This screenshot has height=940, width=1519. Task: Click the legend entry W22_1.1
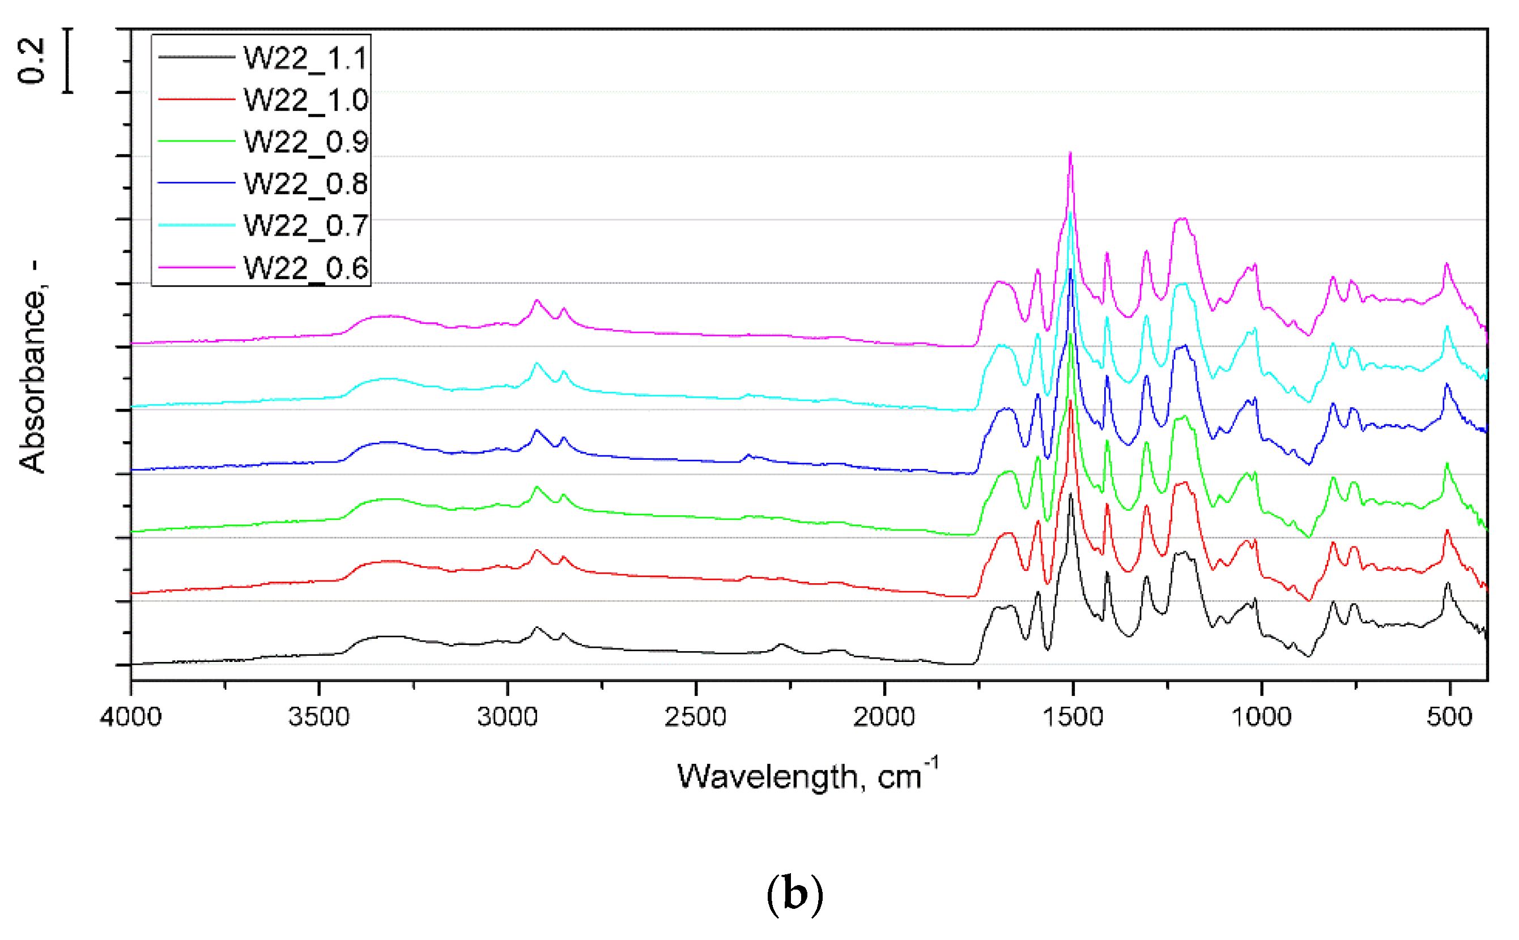[305, 58]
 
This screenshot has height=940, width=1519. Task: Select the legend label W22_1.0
[305, 100]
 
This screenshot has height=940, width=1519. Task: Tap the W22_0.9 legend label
[305, 142]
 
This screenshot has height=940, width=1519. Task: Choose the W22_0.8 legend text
[305, 183]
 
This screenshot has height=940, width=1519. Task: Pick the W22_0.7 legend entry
[305, 225]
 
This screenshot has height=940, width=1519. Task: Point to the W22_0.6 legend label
[305, 267]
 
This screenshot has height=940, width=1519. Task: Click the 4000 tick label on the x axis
[131, 717]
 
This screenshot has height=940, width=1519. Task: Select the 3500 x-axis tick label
[319, 717]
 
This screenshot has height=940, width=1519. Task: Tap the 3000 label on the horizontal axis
[508, 717]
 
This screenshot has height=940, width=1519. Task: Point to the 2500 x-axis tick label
[695, 717]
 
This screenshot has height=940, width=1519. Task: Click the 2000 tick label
[884, 717]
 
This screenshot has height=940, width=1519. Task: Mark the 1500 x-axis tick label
[1073, 717]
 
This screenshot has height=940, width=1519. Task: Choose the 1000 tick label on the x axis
[1261, 717]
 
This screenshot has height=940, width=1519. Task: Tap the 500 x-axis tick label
[1449, 717]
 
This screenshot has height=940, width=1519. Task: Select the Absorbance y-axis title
[32, 367]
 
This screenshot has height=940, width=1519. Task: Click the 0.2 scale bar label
[31, 60]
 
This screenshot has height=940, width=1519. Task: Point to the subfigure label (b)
[794, 894]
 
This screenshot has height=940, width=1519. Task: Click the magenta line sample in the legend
[197, 267]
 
